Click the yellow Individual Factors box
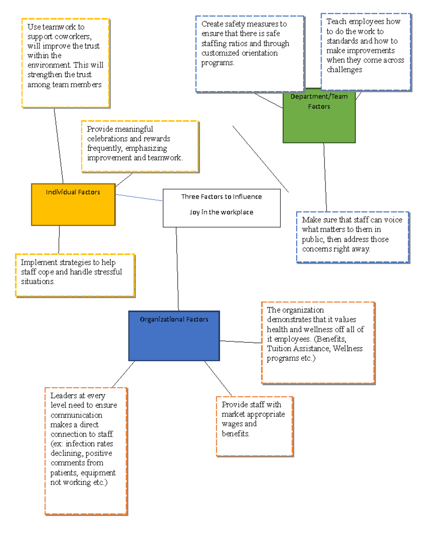[x=73, y=205]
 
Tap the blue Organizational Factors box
[x=174, y=336]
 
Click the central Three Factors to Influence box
[x=222, y=208]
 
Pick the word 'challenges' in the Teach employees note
[x=344, y=70]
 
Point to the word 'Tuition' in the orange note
[x=279, y=349]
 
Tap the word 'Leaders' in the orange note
[x=64, y=396]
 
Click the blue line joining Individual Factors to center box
[x=139, y=198]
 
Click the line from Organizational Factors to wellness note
[x=240, y=342]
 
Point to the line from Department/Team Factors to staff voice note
[x=325, y=177]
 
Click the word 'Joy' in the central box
[x=194, y=212]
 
